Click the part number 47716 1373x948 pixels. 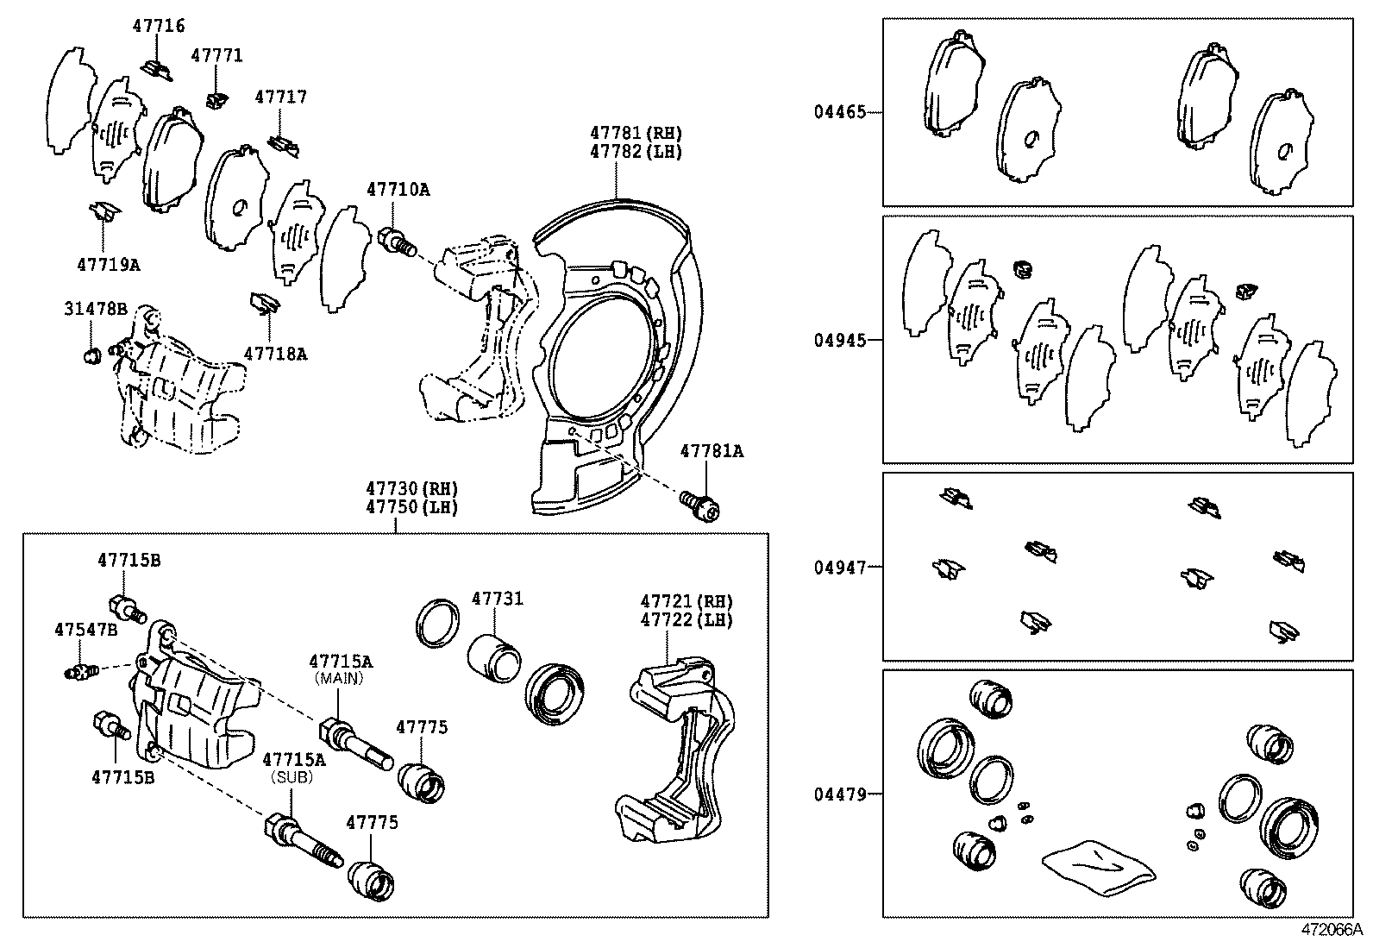[x=158, y=26]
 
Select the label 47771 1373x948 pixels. [x=216, y=55]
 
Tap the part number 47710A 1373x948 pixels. [x=397, y=189]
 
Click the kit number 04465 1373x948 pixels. [x=839, y=111]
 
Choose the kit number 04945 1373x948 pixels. [x=839, y=340]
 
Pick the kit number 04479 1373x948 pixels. [x=839, y=794]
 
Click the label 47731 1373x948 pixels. [x=497, y=599]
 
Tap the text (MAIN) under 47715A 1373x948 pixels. [x=341, y=678]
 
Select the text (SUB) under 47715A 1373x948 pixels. [x=293, y=776]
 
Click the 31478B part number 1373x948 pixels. [x=95, y=309]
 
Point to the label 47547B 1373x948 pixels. [x=85, y=630]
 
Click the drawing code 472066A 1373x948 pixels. [x=1331, y=931]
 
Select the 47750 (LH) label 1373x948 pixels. [x=411, y=507]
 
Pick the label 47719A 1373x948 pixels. [x=108, y=265]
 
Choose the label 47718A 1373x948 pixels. [x=275, y=353]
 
